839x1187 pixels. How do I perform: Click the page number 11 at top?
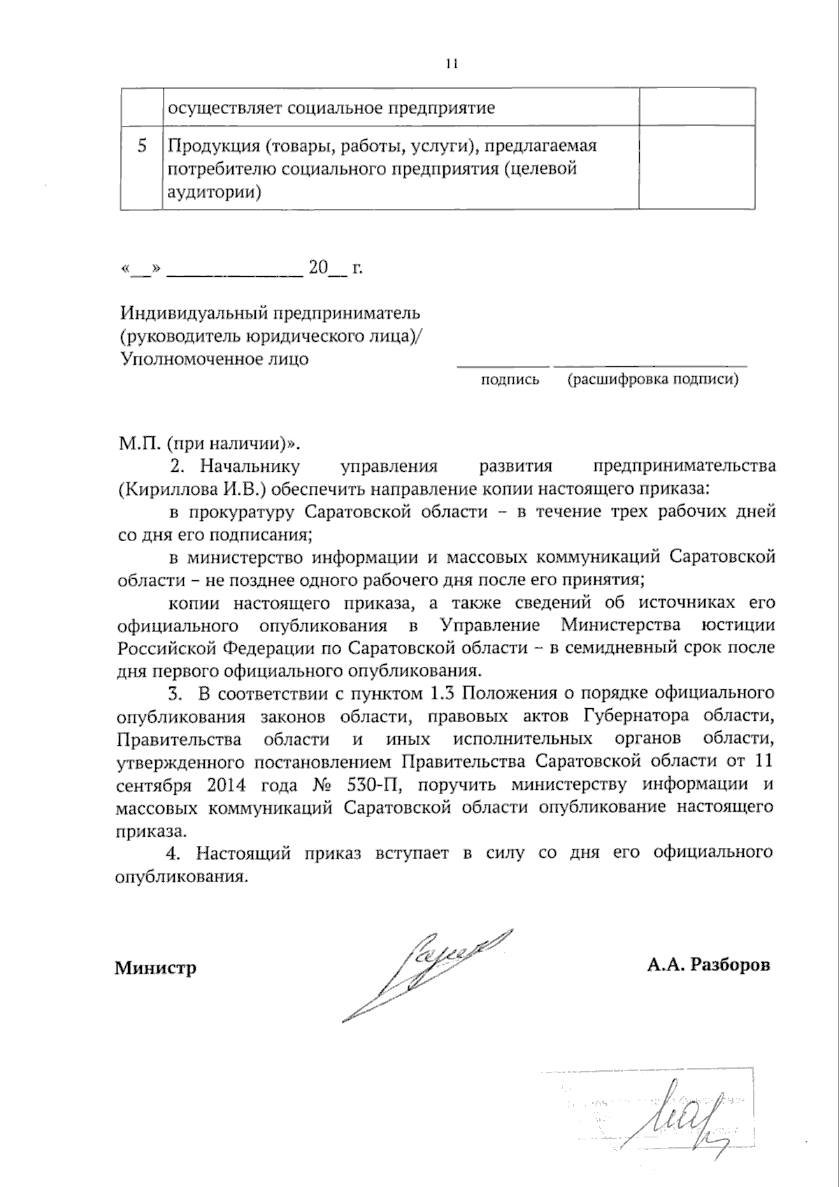tap(451, 64)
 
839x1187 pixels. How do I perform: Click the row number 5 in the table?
tap(143, 146)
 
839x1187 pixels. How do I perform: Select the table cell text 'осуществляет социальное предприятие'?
tap(331, 108)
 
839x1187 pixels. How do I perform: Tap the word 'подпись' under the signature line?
tap(510, 380)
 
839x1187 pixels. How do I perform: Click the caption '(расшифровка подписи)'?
tap(653, 380)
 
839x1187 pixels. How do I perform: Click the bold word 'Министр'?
tap(156, 968)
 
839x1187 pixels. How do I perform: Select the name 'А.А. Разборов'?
tap(708, 965)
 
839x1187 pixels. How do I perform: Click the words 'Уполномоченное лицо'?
tap(215, 360)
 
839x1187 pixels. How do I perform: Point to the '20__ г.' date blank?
tap(336, 268)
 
